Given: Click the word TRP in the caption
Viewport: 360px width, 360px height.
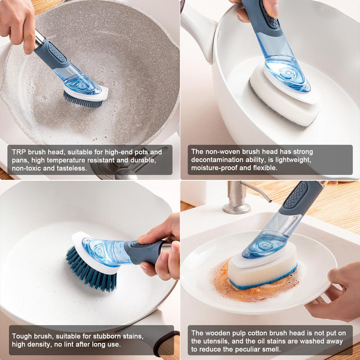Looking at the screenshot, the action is (x=19, y=152).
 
